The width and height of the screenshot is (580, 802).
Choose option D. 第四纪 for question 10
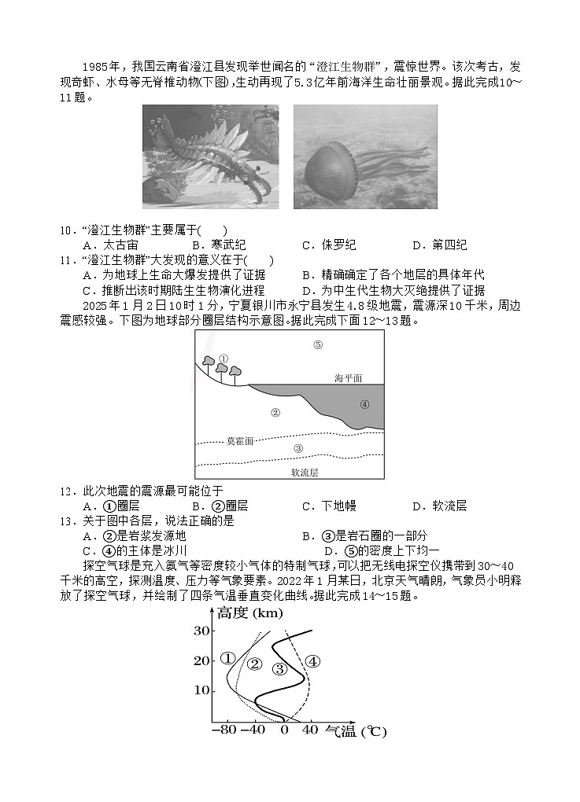439,245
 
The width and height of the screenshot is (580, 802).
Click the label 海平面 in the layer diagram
348,378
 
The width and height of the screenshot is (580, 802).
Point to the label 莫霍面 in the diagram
240,441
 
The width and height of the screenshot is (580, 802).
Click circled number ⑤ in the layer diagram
318,344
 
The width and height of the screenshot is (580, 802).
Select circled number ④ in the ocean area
364,404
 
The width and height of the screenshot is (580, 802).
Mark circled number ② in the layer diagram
275,412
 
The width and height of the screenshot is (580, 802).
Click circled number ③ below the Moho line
297,448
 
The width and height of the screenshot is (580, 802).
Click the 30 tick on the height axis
202,631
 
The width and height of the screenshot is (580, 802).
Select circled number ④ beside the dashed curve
312,661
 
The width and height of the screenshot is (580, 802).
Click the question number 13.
67,521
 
